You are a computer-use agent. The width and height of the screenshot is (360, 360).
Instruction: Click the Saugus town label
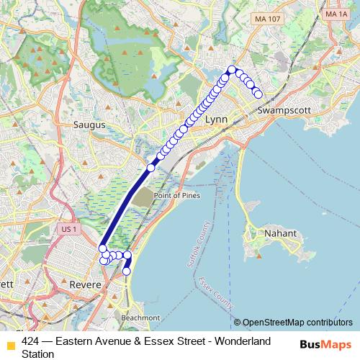(90, 125)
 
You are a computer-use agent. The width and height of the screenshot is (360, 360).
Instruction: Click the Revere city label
(85, 285)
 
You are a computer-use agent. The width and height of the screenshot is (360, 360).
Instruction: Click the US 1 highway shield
(69, 228)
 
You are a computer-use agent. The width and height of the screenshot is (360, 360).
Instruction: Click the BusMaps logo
(325, 345)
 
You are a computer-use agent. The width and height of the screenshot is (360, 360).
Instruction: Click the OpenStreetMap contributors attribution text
(297, 323)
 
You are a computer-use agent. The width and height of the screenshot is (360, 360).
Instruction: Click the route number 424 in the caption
(30, 341)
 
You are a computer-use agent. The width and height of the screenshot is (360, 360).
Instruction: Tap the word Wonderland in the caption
(242, 341)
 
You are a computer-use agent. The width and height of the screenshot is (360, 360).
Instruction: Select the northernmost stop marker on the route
(232, 70)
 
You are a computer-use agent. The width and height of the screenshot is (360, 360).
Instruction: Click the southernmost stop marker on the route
(127, 271)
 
